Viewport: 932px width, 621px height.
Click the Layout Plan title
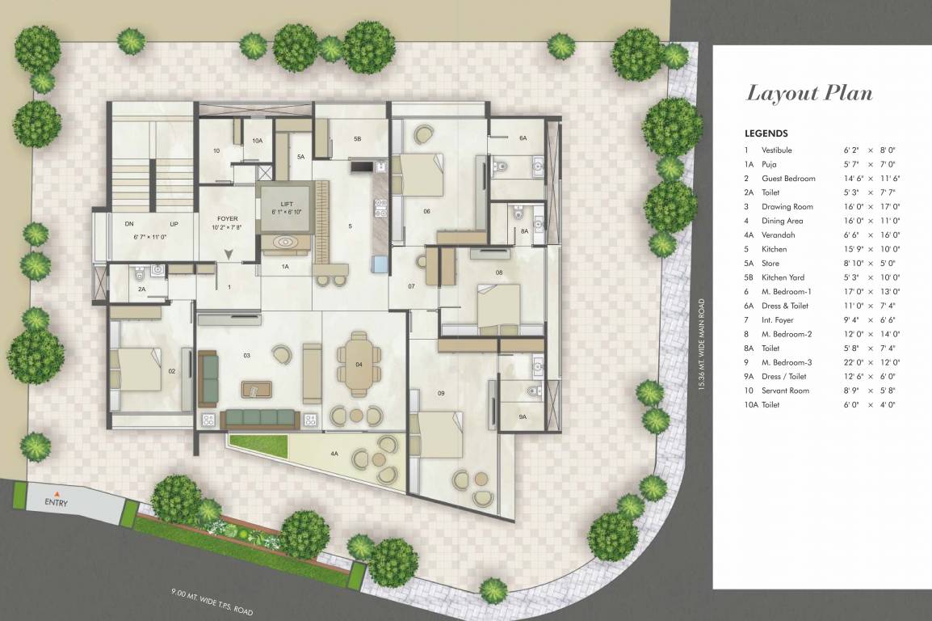click(x=809, y=93)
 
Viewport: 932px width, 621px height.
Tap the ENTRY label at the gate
click(x=57, y=503)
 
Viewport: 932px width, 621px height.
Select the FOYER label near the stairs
click(x=228, y=219)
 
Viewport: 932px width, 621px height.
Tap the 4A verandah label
click(x=334, y=454)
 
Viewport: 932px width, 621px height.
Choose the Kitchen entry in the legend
click(x=774, y=249)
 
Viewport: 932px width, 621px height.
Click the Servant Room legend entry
click(x=785, y=391)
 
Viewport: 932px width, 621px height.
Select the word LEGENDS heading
click(x=766, y=133)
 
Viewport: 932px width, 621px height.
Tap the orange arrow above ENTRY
click(x=57, y=492)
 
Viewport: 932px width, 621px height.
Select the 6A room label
click(x=523, y=138)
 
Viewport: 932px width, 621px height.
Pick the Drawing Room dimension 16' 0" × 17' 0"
click(x=871, y=206)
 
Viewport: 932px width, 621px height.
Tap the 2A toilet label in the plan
click(x=141, y=289)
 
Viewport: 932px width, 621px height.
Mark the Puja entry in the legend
click(x=768, y=164)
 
